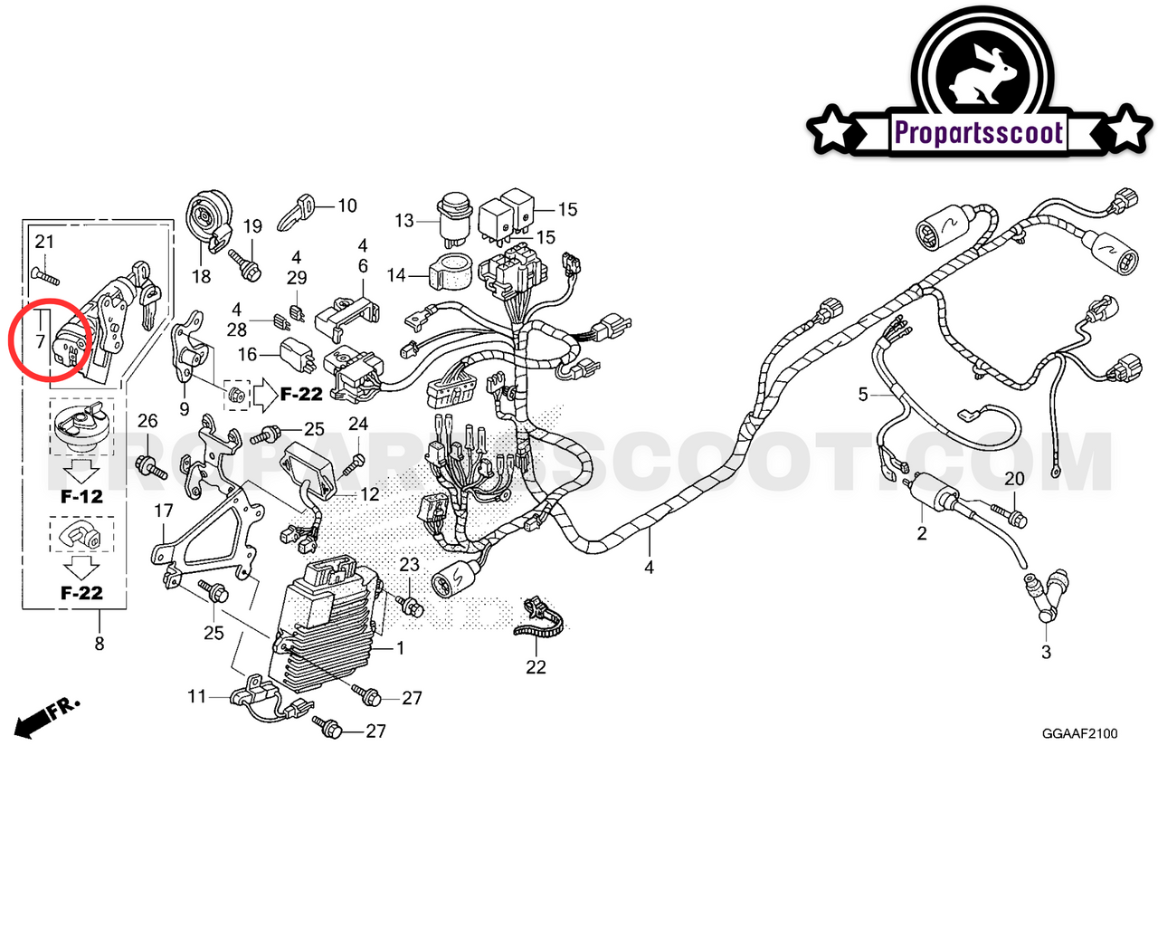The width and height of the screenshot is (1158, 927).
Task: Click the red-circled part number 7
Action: tap(40, 342)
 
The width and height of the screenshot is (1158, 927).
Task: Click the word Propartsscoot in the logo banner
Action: tap(978, 133)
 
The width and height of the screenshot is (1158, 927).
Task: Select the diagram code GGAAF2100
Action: tap(1079, 733)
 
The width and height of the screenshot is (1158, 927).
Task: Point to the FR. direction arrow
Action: tap(45, 717)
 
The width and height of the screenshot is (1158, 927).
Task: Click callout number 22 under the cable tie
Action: tap(536, 667)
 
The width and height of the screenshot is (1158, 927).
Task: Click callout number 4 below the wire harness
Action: tap(649, 568)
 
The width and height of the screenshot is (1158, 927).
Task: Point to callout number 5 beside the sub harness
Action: tap(863, 395)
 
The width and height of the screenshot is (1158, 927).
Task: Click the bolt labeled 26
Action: tap(150, 467)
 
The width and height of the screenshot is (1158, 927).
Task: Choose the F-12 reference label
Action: tap(81, 496)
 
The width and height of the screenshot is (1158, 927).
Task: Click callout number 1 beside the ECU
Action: tap(400, 648)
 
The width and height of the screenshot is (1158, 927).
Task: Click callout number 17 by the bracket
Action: tap(163, 511)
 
